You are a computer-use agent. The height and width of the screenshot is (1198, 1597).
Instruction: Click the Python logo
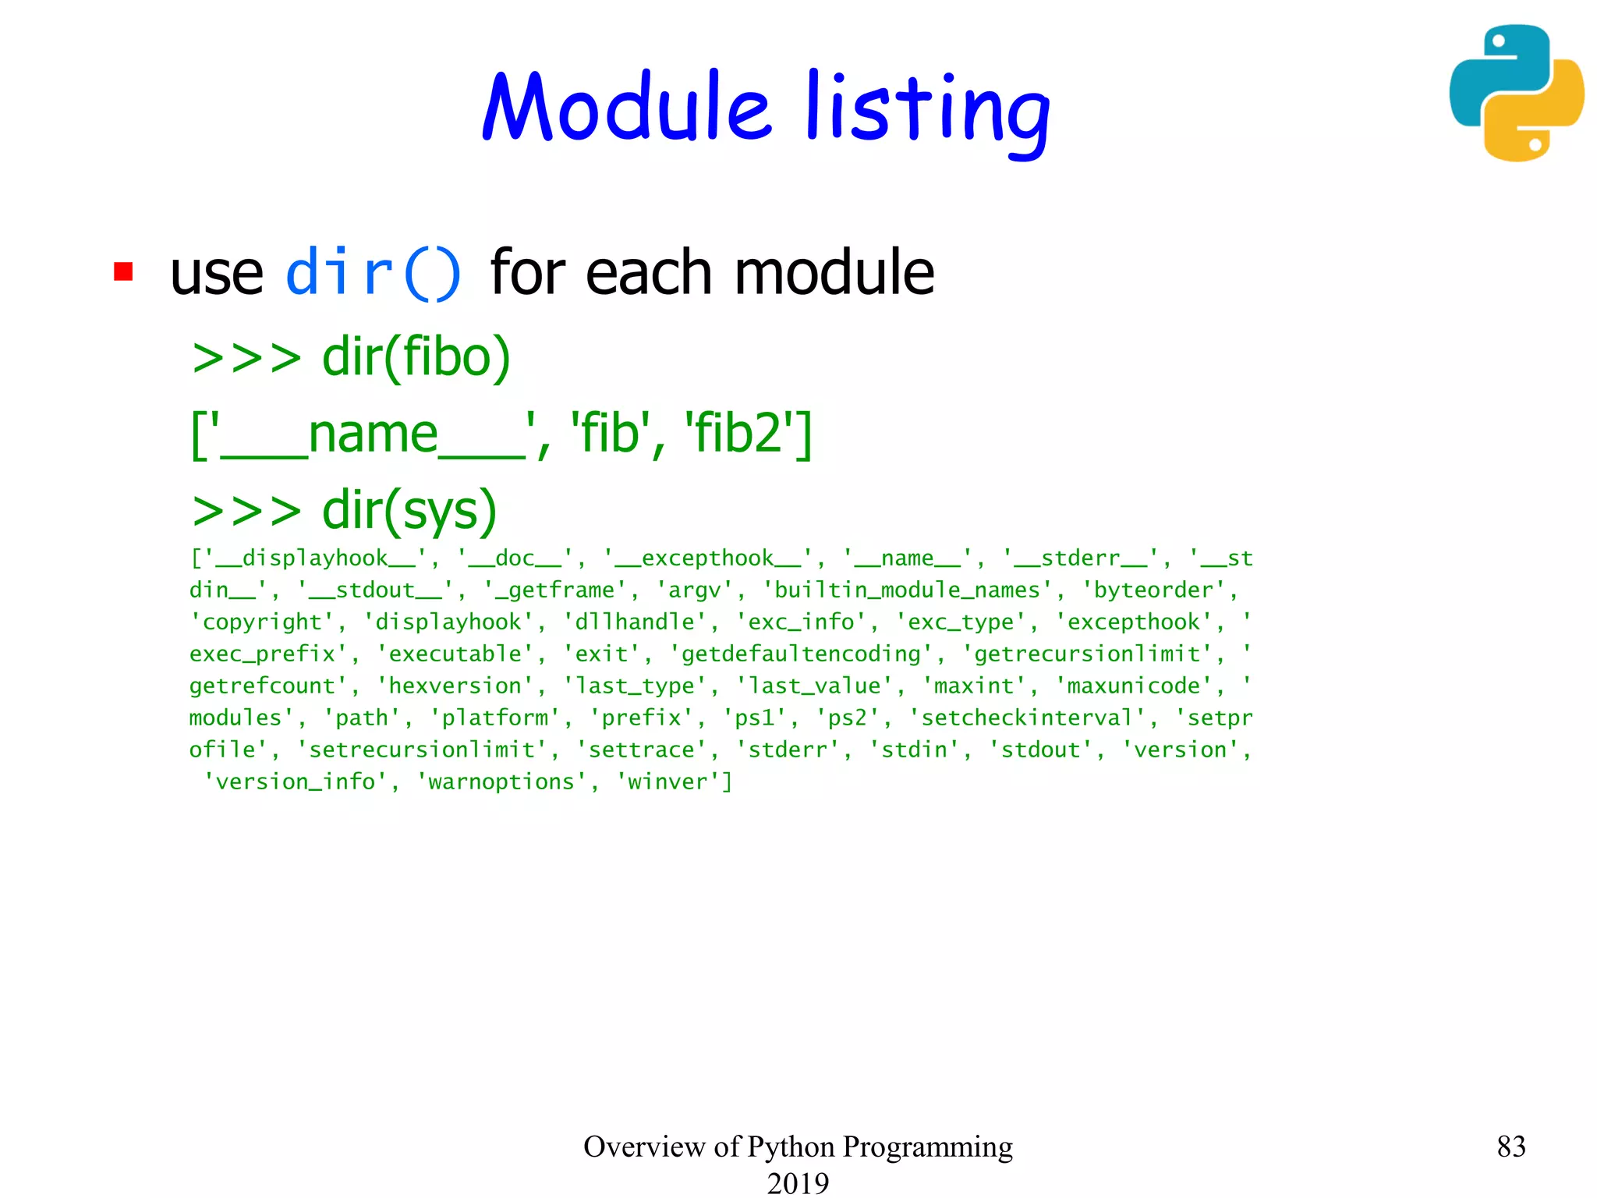(1516, 93)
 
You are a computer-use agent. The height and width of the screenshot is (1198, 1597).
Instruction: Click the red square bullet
(123, 271)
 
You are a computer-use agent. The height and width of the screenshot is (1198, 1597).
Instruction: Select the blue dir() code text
(374, 272)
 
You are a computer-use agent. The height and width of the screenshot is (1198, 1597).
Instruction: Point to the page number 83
(1510, 1147)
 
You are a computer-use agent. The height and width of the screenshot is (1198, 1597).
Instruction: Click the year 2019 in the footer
(798, 1182)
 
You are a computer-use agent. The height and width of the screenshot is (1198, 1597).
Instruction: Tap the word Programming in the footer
(927, 1147)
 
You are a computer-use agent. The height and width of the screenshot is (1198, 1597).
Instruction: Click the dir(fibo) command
(416, 357)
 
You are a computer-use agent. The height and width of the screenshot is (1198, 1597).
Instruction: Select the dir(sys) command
(409, 511)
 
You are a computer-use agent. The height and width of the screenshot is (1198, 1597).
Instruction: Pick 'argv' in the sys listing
(694, 590)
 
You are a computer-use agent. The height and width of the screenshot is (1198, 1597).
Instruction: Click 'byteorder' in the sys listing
(1153, 590)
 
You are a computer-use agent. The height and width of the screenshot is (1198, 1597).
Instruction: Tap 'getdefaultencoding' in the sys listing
(801, 654)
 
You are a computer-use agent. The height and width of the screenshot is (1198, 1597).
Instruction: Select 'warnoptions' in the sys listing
(501, 782)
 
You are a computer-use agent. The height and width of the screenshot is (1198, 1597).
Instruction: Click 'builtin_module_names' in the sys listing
(906, 590)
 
